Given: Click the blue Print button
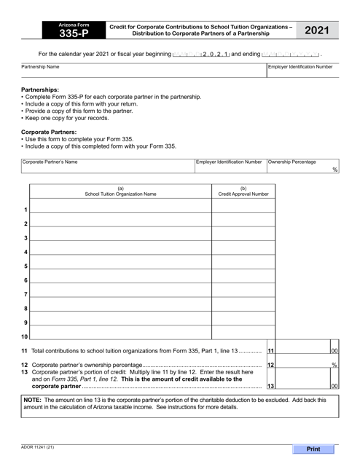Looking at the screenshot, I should click(x=314, y=449).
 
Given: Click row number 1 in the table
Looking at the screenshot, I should click(x=25, y=210).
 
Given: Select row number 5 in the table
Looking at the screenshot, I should click(x=25, y=266).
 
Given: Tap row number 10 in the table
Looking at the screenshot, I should click(x=24, y=337).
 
